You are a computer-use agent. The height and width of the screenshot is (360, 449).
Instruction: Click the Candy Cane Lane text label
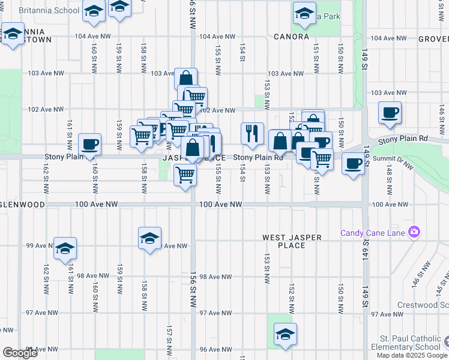(373, 233)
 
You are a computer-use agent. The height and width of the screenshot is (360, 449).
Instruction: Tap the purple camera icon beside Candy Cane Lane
(413, 232)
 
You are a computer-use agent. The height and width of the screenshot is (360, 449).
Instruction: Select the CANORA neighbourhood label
(291, 37)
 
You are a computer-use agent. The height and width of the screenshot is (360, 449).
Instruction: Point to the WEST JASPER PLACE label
(292, 241)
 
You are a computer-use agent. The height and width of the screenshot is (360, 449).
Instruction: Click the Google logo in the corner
(20, 353)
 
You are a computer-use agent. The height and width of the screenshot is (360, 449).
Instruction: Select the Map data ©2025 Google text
(411, 355)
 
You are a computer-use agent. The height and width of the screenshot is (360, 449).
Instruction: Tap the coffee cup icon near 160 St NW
(89, 144)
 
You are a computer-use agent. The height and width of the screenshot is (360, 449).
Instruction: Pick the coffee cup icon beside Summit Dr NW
(353, 163)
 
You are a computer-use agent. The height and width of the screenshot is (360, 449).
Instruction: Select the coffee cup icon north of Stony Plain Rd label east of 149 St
(390, 112)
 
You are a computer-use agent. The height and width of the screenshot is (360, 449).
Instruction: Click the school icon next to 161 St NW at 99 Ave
(65, 248)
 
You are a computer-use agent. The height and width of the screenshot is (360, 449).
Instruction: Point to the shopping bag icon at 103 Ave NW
(186, 79)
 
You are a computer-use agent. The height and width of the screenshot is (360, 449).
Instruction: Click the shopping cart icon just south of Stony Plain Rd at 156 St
(185, 175)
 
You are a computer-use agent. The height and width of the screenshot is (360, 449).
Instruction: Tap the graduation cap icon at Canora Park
(304, 13)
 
